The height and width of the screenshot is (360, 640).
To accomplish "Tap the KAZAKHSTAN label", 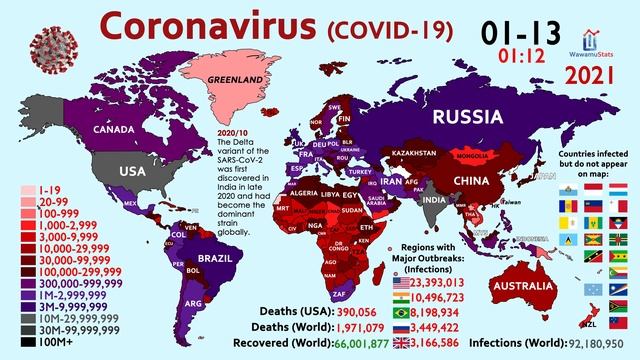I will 412,153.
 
